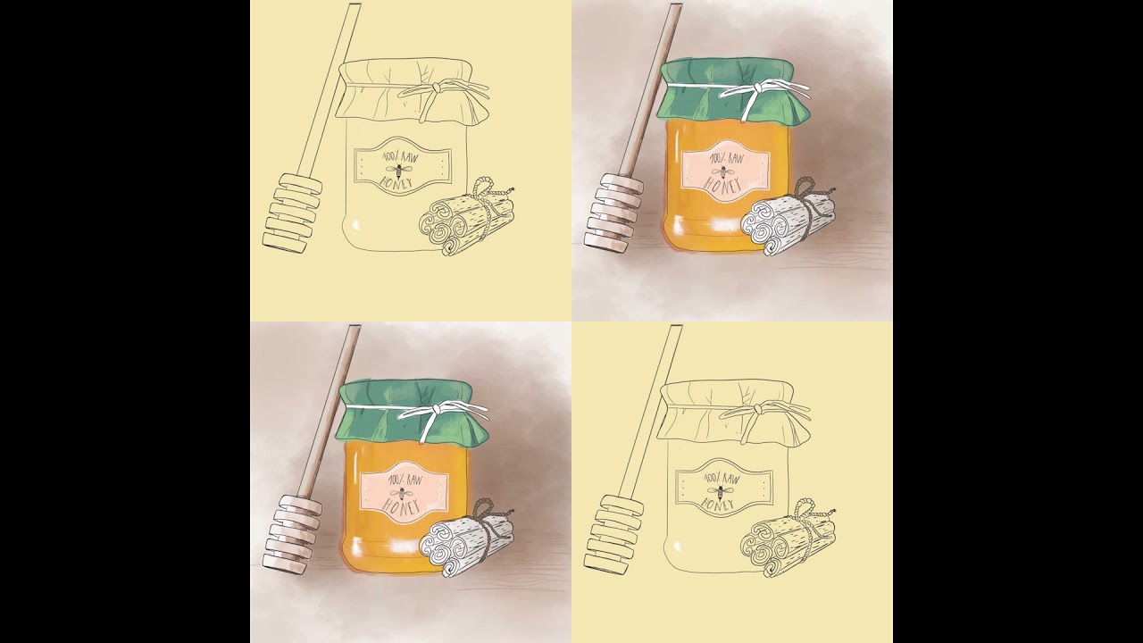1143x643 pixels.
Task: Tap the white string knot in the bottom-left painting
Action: pos(437,409)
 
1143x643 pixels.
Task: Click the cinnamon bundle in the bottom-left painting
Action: pos(466,540)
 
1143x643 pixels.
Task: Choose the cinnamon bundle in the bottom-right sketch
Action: pos(788,540)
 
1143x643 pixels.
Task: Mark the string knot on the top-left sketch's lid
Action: pos(437,88)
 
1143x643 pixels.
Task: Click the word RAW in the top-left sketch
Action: pos(409,156)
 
